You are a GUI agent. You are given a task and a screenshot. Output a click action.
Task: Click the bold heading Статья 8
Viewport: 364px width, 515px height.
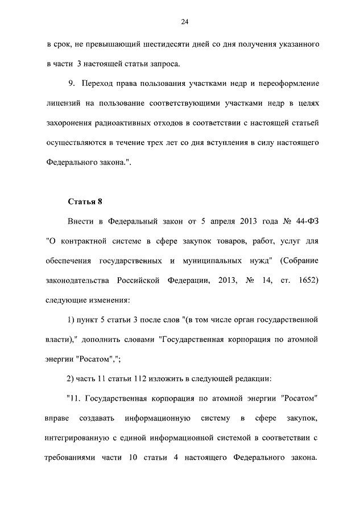click(85, 201)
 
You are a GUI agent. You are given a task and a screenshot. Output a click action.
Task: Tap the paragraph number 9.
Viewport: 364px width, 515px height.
click(71, 83)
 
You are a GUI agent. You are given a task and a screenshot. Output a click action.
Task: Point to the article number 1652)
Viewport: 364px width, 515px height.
click(304, 280)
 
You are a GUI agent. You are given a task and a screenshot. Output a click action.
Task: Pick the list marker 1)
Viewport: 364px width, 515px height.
click(71, 320)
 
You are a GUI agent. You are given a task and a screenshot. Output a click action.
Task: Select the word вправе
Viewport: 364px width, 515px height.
click(58, 418)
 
